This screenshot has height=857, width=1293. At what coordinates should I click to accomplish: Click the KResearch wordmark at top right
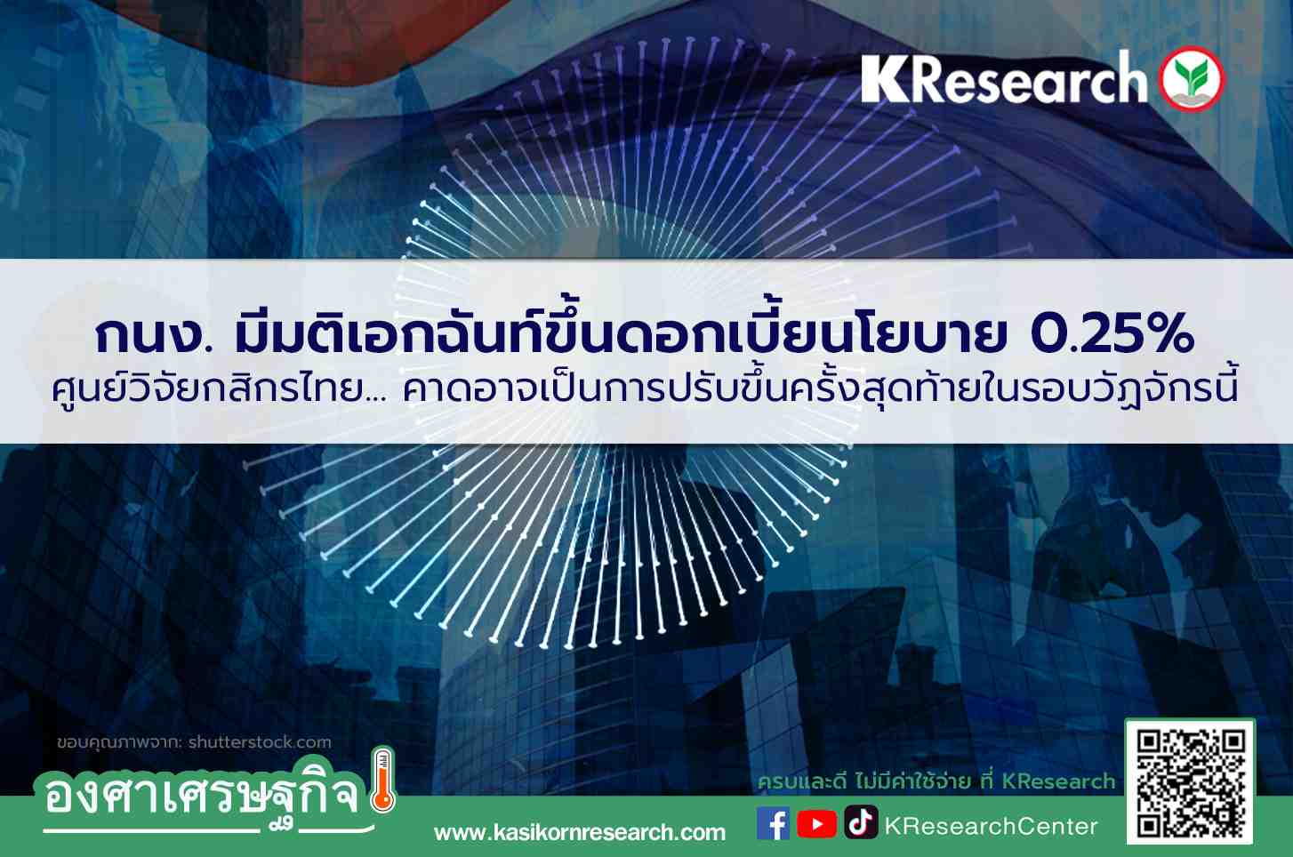(1004, 77)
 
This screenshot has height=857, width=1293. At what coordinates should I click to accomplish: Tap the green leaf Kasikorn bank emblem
(1192, 79)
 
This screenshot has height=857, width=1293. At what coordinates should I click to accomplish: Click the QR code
(1190, 781)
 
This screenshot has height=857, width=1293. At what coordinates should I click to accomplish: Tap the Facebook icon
(773, 823)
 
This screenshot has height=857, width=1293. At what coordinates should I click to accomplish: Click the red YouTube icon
(816, 823)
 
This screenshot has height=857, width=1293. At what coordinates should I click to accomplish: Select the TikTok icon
(861, 821)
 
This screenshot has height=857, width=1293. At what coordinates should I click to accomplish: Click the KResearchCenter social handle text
(991, 827)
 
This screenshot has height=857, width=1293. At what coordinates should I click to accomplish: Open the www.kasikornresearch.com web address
(580, 833)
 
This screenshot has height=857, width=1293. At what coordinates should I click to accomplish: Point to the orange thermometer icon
(382, 781)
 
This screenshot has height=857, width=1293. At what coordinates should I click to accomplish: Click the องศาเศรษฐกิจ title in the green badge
(203, 797)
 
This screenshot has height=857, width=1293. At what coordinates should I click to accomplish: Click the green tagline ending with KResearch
(936, 781)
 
